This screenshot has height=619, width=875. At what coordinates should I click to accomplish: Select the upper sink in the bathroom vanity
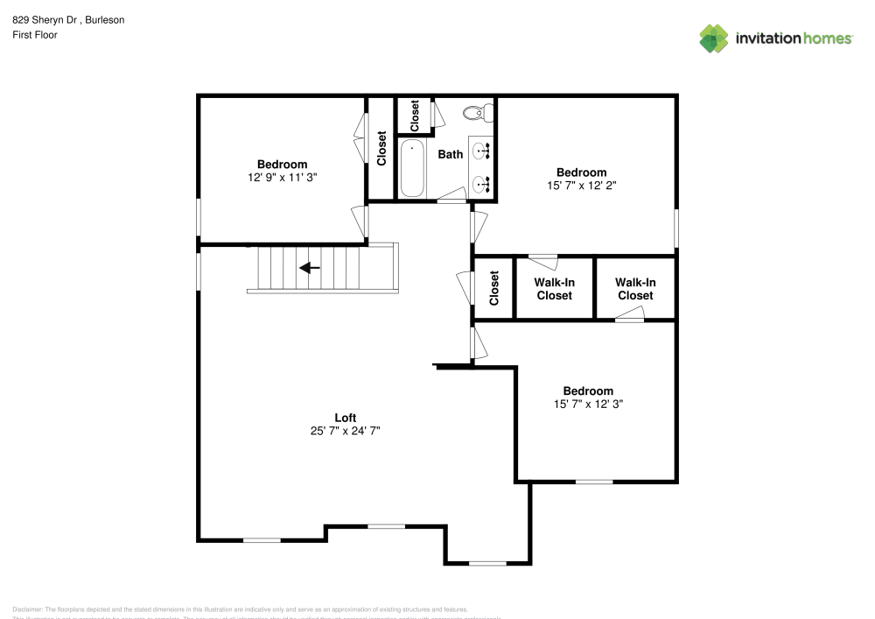click(480, 151)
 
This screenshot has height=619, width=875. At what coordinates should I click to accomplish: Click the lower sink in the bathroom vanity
click(480, 184)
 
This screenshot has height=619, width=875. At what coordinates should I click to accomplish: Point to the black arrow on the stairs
click(310, 268)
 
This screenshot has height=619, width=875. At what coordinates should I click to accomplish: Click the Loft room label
click(346, 417)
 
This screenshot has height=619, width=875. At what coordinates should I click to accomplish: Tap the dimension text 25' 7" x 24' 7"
click(346, 430)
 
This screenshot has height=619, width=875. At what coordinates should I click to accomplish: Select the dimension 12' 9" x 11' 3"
click(282, 177)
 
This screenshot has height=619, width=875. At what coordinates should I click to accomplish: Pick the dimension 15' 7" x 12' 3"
click(588, 404)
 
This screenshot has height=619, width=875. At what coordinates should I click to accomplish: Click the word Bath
click(451, 154)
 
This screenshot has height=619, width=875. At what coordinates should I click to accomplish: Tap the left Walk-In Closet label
click(554, 289)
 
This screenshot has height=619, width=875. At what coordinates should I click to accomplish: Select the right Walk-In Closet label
click(634, 289)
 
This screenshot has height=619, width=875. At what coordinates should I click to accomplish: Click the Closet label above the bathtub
click(415, 113)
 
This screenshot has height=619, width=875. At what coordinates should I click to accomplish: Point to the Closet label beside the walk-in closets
click(494, 288)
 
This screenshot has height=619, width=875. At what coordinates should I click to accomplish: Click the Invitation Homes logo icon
click(714, 38)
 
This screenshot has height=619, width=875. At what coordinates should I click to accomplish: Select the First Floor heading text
click(35, 35)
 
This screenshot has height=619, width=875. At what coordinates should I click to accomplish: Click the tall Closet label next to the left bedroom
click(381, 148)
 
